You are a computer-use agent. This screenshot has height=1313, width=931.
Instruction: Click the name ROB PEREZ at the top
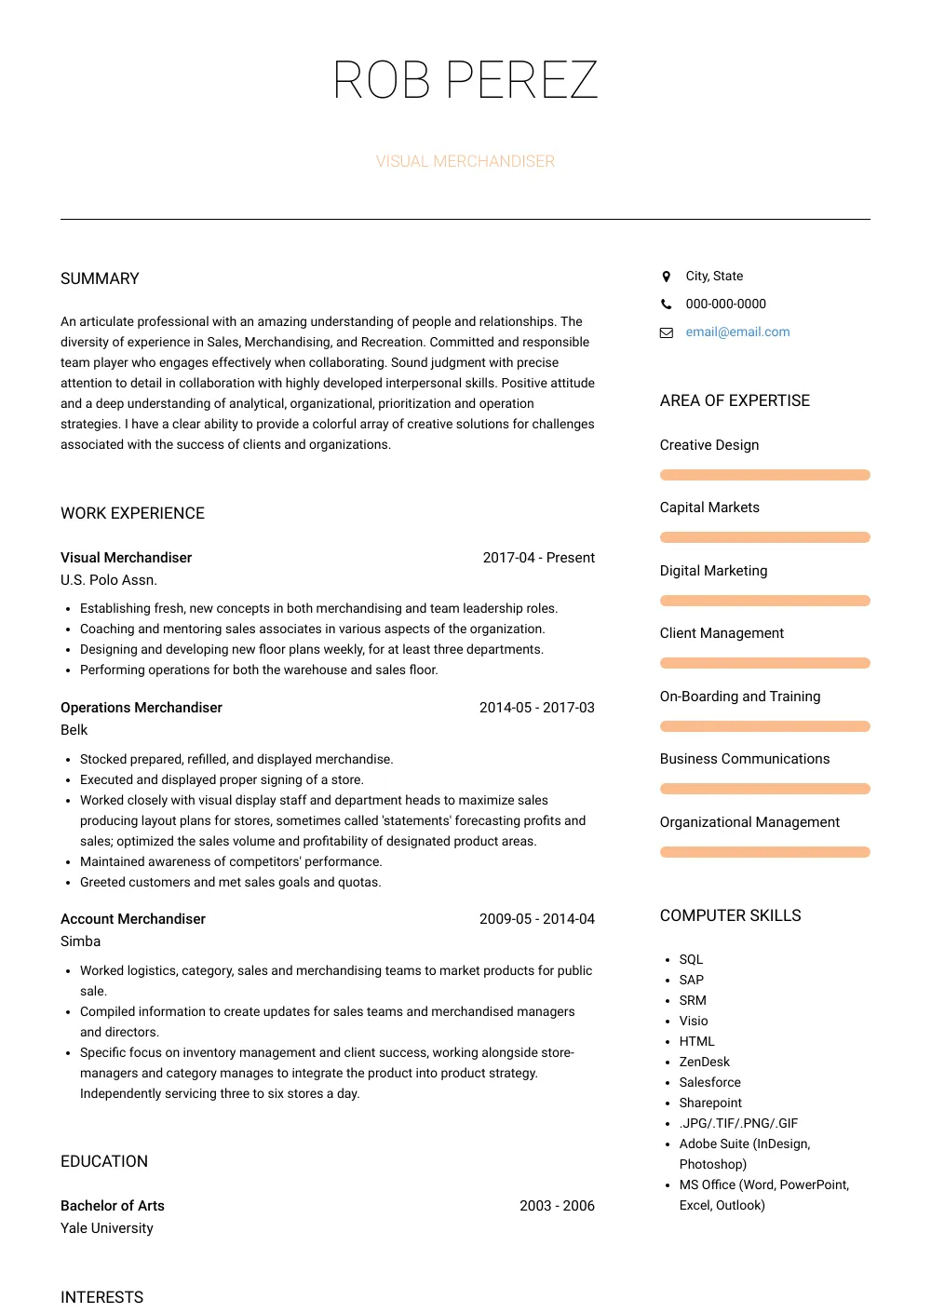(465, 80)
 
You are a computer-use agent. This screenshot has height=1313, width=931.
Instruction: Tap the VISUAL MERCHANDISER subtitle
(465, 161)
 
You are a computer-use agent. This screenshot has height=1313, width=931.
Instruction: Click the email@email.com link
(737, 332)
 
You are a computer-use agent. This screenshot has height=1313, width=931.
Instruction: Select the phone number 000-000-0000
(725, 305)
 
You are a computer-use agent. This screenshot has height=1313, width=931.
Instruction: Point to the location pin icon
(666, 277)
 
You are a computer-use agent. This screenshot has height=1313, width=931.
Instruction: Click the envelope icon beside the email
(667, 332)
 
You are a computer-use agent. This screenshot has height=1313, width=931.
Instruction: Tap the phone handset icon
(666, 305)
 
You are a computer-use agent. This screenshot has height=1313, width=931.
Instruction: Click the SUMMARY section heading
(100, 278)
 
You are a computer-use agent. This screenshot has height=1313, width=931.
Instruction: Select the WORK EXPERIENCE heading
(132, 513)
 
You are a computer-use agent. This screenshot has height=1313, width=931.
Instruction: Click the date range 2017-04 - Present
(538, 558)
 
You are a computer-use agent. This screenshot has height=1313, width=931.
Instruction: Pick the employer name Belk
(74, 730)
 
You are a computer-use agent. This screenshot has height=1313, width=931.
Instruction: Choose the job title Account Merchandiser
(133, 919)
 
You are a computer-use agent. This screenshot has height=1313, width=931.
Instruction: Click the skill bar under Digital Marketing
(764, 601)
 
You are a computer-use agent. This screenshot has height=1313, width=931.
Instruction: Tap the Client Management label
(722, 633)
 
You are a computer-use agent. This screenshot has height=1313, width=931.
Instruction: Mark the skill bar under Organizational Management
(764, 852)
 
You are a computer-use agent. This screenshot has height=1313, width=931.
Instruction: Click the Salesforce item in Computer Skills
(709, 1083)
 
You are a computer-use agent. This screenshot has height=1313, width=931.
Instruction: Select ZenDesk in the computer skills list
(704, 1063)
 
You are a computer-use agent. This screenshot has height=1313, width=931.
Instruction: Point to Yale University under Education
(107, 1228)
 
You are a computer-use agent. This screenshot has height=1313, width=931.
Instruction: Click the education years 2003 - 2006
(557, 1206)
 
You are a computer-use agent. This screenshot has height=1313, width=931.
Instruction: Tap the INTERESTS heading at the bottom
(101, 1297)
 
